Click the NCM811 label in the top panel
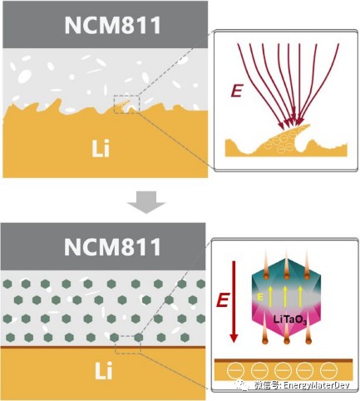coord(113,25)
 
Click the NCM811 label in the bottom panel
coord(112,247)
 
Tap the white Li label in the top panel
coord(101,149)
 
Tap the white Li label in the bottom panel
coord(104,371)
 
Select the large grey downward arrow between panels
coord(146,202)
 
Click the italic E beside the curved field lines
coord(236,92)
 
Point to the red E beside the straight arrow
coord(222,300)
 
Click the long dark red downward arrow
coord(234,301)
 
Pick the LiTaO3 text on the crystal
coord(290,319)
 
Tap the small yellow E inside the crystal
coord(260,297)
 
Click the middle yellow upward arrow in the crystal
coord(285,296)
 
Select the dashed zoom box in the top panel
coord(126,104)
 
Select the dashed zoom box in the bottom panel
coord(128,344)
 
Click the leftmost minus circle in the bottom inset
coord(235,370)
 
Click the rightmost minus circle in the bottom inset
coord(328,370)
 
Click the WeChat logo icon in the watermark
coord(242,385)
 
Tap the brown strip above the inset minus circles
coord(284,360)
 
